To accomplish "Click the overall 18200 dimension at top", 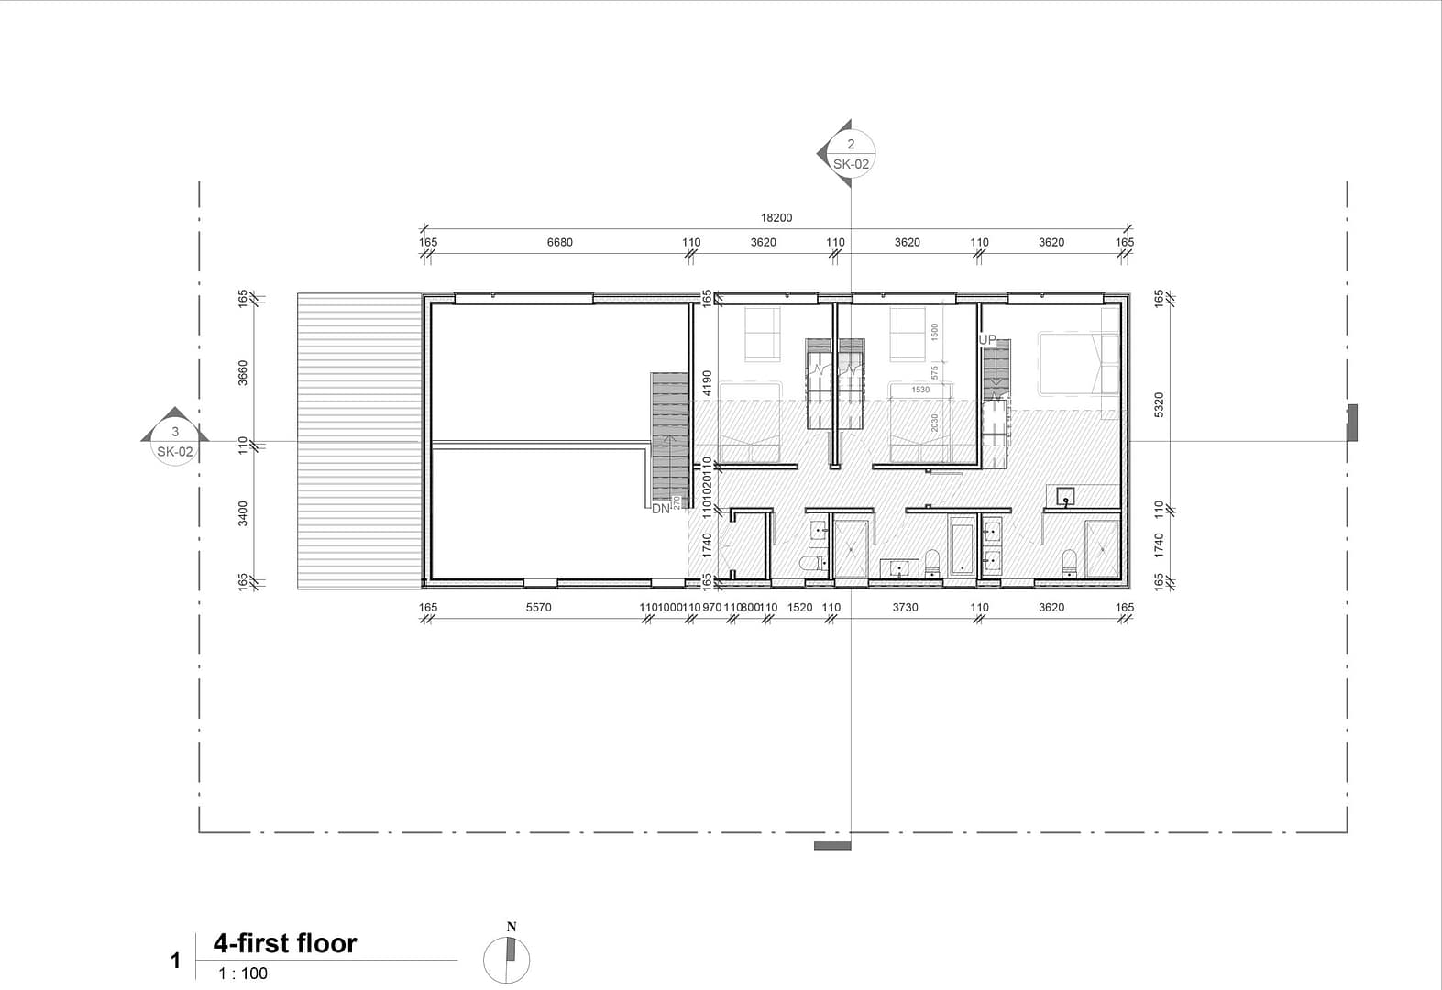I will [776, 218].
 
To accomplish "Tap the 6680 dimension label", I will [559, 243].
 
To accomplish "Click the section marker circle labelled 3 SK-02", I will [174, 442].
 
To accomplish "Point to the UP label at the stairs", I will [987, 340].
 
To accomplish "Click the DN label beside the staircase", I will [661, 509].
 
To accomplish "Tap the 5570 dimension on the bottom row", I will [539, 608].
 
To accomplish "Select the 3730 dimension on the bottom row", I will [905, 608].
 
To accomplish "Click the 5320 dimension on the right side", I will [1159, 404].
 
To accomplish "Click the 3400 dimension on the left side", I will [243, 513].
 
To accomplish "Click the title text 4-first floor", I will [285, 943].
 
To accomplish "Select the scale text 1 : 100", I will [243, 973].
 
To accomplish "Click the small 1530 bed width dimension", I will [920, 390].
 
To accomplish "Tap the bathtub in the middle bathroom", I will [963, 547].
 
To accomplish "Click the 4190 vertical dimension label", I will [707, 382].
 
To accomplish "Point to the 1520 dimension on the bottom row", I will [799, 608].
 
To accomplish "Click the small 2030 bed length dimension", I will [935, 423].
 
